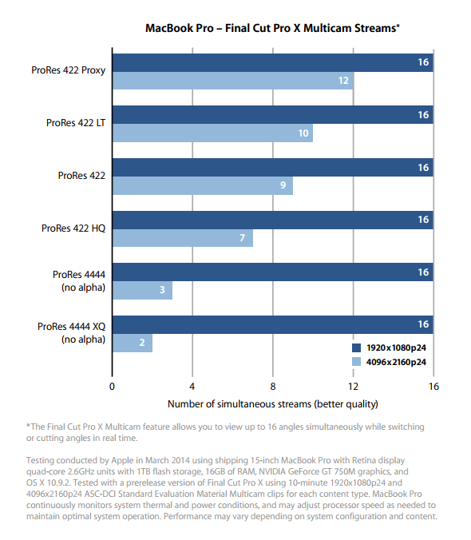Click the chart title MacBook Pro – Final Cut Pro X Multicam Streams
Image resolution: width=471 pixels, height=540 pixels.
(x=272, y=28)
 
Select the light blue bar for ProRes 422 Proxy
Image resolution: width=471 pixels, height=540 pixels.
(x=233, y=81)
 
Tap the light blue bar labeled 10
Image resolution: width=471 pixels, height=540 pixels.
(x=212, y=133)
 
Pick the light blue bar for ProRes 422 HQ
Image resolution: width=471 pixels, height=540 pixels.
(x=183, y=238)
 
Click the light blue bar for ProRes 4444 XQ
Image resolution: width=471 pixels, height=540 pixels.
(x=133, y=343)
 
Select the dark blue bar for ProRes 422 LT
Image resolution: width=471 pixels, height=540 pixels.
(x=273, y=115)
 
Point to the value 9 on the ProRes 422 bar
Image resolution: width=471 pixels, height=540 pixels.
(x=283, y=185)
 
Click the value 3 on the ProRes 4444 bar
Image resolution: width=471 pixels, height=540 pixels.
(x=162, y=290)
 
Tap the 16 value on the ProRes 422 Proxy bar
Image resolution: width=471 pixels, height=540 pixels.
(x=423, y=62)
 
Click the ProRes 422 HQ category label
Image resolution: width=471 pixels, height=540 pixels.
(x=73, y=228)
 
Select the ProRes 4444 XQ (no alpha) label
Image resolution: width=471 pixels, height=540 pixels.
(x=71, y=332)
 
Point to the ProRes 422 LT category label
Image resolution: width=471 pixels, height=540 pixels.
(x=76, y=123)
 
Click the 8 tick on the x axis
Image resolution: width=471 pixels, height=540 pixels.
(x=273, y=387)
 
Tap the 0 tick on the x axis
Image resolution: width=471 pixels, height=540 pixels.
(x=112, y=387)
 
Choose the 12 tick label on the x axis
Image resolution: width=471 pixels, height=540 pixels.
(x=353, y=387)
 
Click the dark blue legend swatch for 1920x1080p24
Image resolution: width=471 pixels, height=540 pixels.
(x=356, y=347)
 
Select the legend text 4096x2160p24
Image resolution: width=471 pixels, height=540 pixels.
(x=396, y=363)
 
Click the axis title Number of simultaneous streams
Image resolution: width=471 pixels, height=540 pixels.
(x=273, y=404)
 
